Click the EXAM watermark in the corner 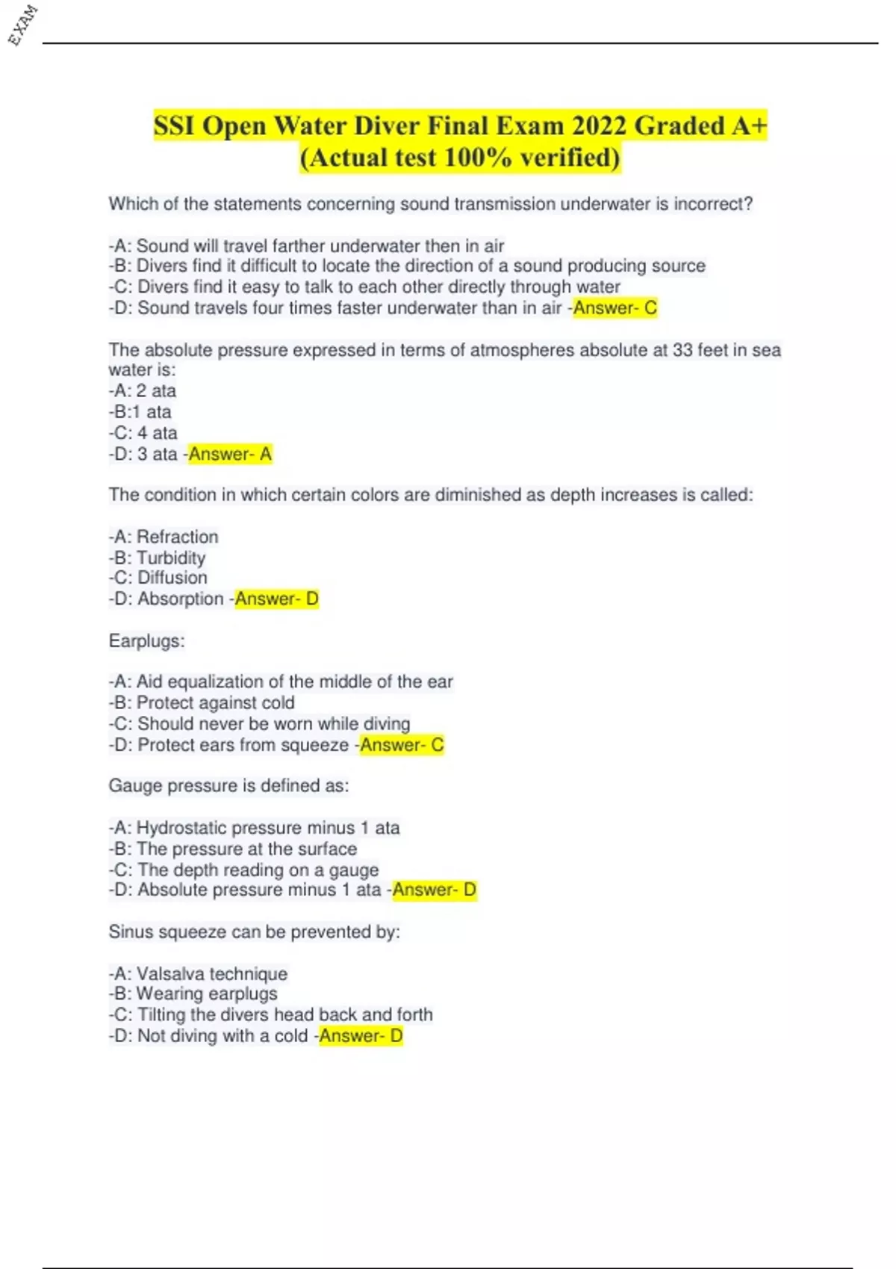pos(22,25)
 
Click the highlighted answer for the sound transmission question pos(615,308)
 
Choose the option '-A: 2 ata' pos(143,390)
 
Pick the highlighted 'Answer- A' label pos(230,454)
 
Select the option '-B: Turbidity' pos(157,558)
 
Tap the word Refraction pos(178,537)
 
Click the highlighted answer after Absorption pos(277,599)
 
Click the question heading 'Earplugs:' pos(146,640)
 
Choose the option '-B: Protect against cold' pos(202,702)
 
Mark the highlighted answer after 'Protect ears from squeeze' pos(402,745)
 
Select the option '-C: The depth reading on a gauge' pos(243,870)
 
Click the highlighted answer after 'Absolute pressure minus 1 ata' pos(435,890)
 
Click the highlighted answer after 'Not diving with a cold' pos(361,1035)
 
